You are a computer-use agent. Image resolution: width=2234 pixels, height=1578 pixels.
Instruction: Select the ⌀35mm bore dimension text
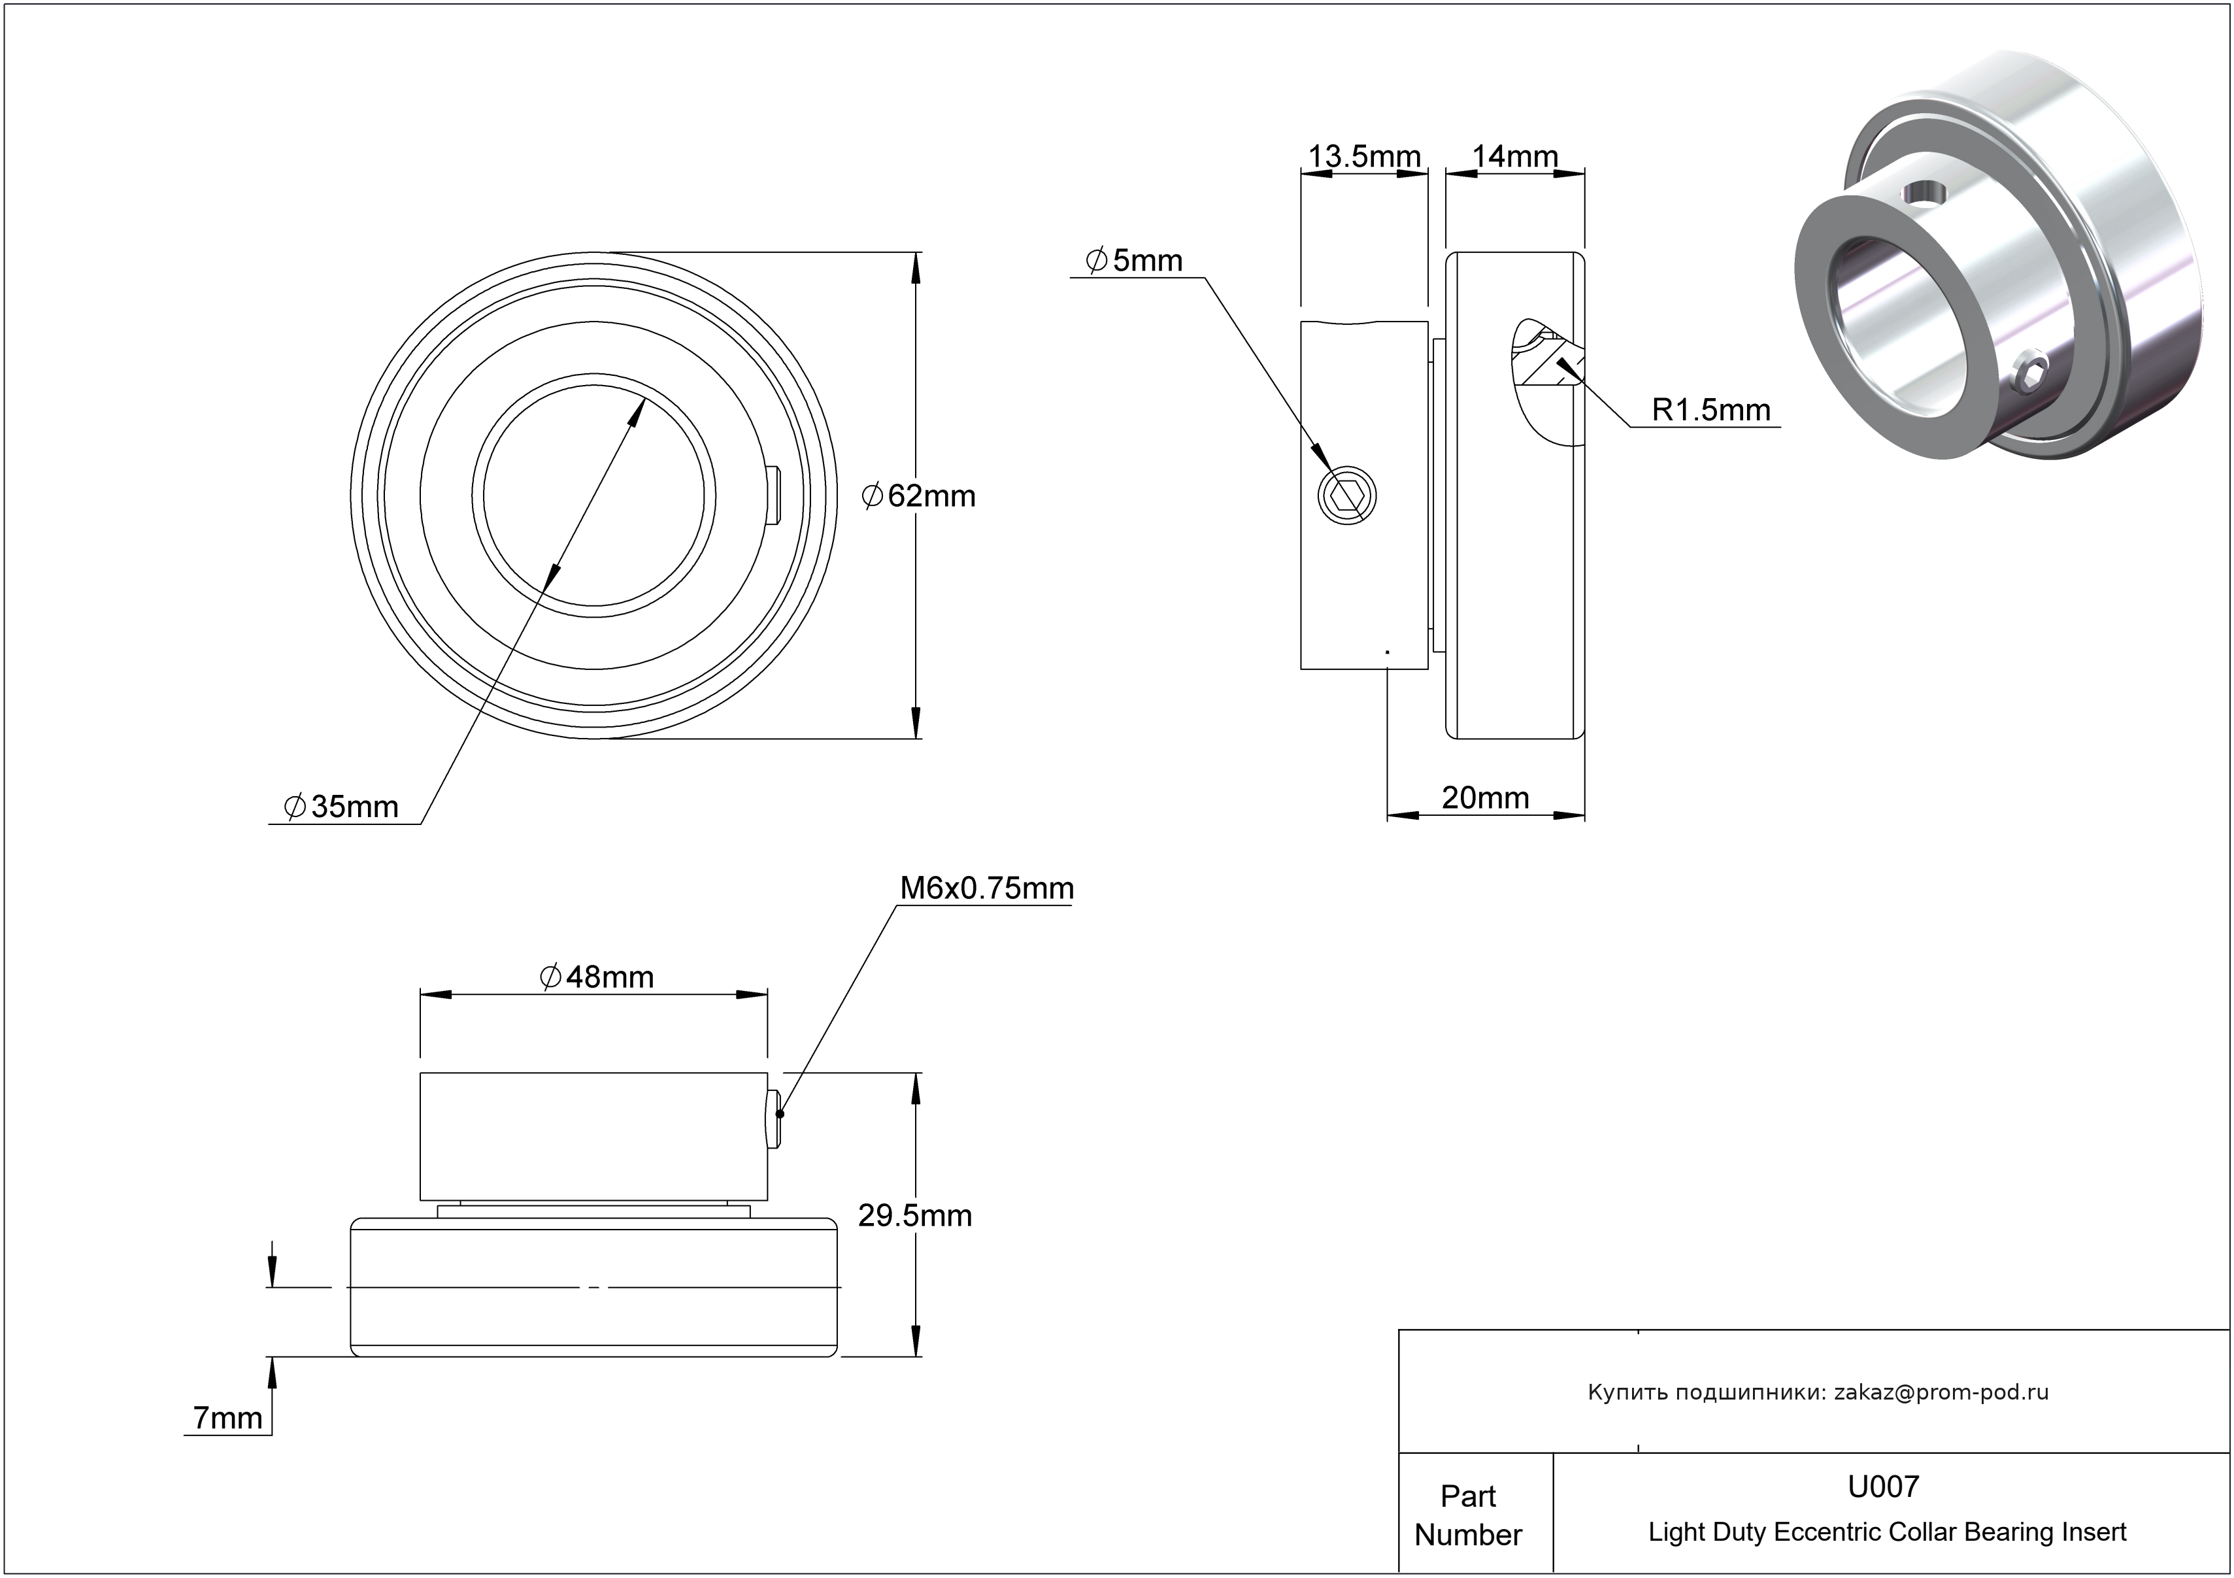click(342, 807)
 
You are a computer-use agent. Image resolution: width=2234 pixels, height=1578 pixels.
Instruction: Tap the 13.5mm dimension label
click(1364, 157)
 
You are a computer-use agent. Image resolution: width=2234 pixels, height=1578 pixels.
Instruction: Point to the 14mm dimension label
click(1515, 157)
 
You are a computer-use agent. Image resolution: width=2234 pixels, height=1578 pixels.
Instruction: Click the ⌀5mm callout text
click(1135, 261)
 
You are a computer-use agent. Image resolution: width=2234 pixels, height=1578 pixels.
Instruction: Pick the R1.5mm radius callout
click(1710, 411)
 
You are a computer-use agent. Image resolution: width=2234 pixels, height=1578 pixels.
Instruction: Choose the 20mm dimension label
click(1485, 797)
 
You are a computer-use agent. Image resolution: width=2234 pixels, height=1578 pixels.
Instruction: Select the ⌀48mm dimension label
click(597, 977)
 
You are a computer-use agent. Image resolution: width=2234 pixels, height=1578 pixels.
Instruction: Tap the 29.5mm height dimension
click(914, 1216)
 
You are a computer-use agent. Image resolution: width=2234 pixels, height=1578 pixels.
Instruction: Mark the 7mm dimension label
click(227, 1419)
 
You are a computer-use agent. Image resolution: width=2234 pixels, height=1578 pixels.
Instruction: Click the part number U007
click(1884, 1486)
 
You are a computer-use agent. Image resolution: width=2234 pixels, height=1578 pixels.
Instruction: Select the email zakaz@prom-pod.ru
click(1941, 1392)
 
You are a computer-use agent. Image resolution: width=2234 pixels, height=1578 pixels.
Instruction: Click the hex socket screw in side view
click(1348, 496)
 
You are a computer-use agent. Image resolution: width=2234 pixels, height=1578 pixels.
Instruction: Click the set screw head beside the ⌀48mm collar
click(775, 1119)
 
